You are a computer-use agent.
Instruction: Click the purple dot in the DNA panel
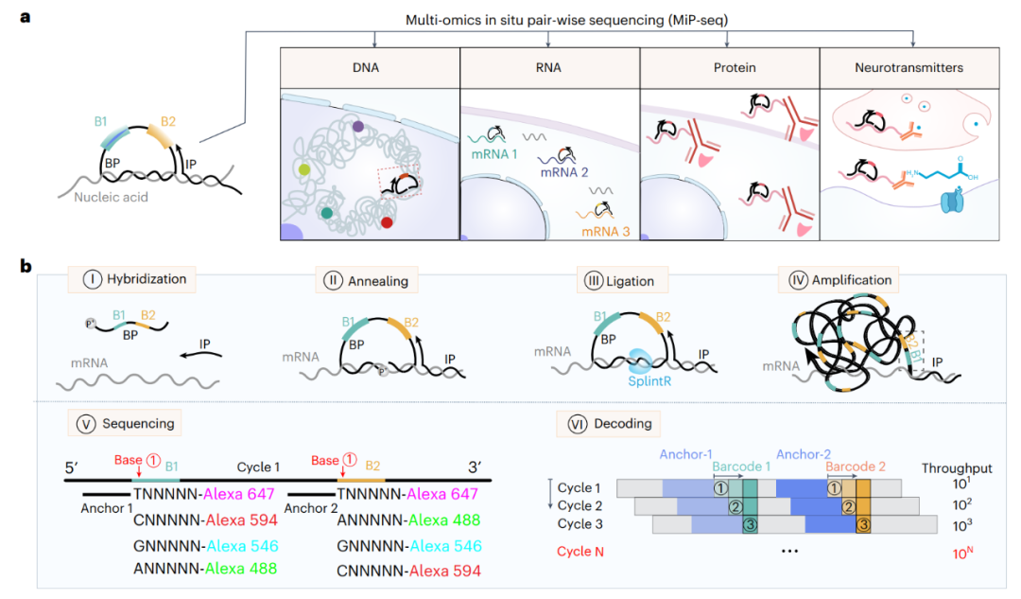(x=359, y=125)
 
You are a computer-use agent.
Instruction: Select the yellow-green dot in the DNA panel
(x=303, y=169)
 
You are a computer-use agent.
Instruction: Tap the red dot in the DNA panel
(x=387, y=223)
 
